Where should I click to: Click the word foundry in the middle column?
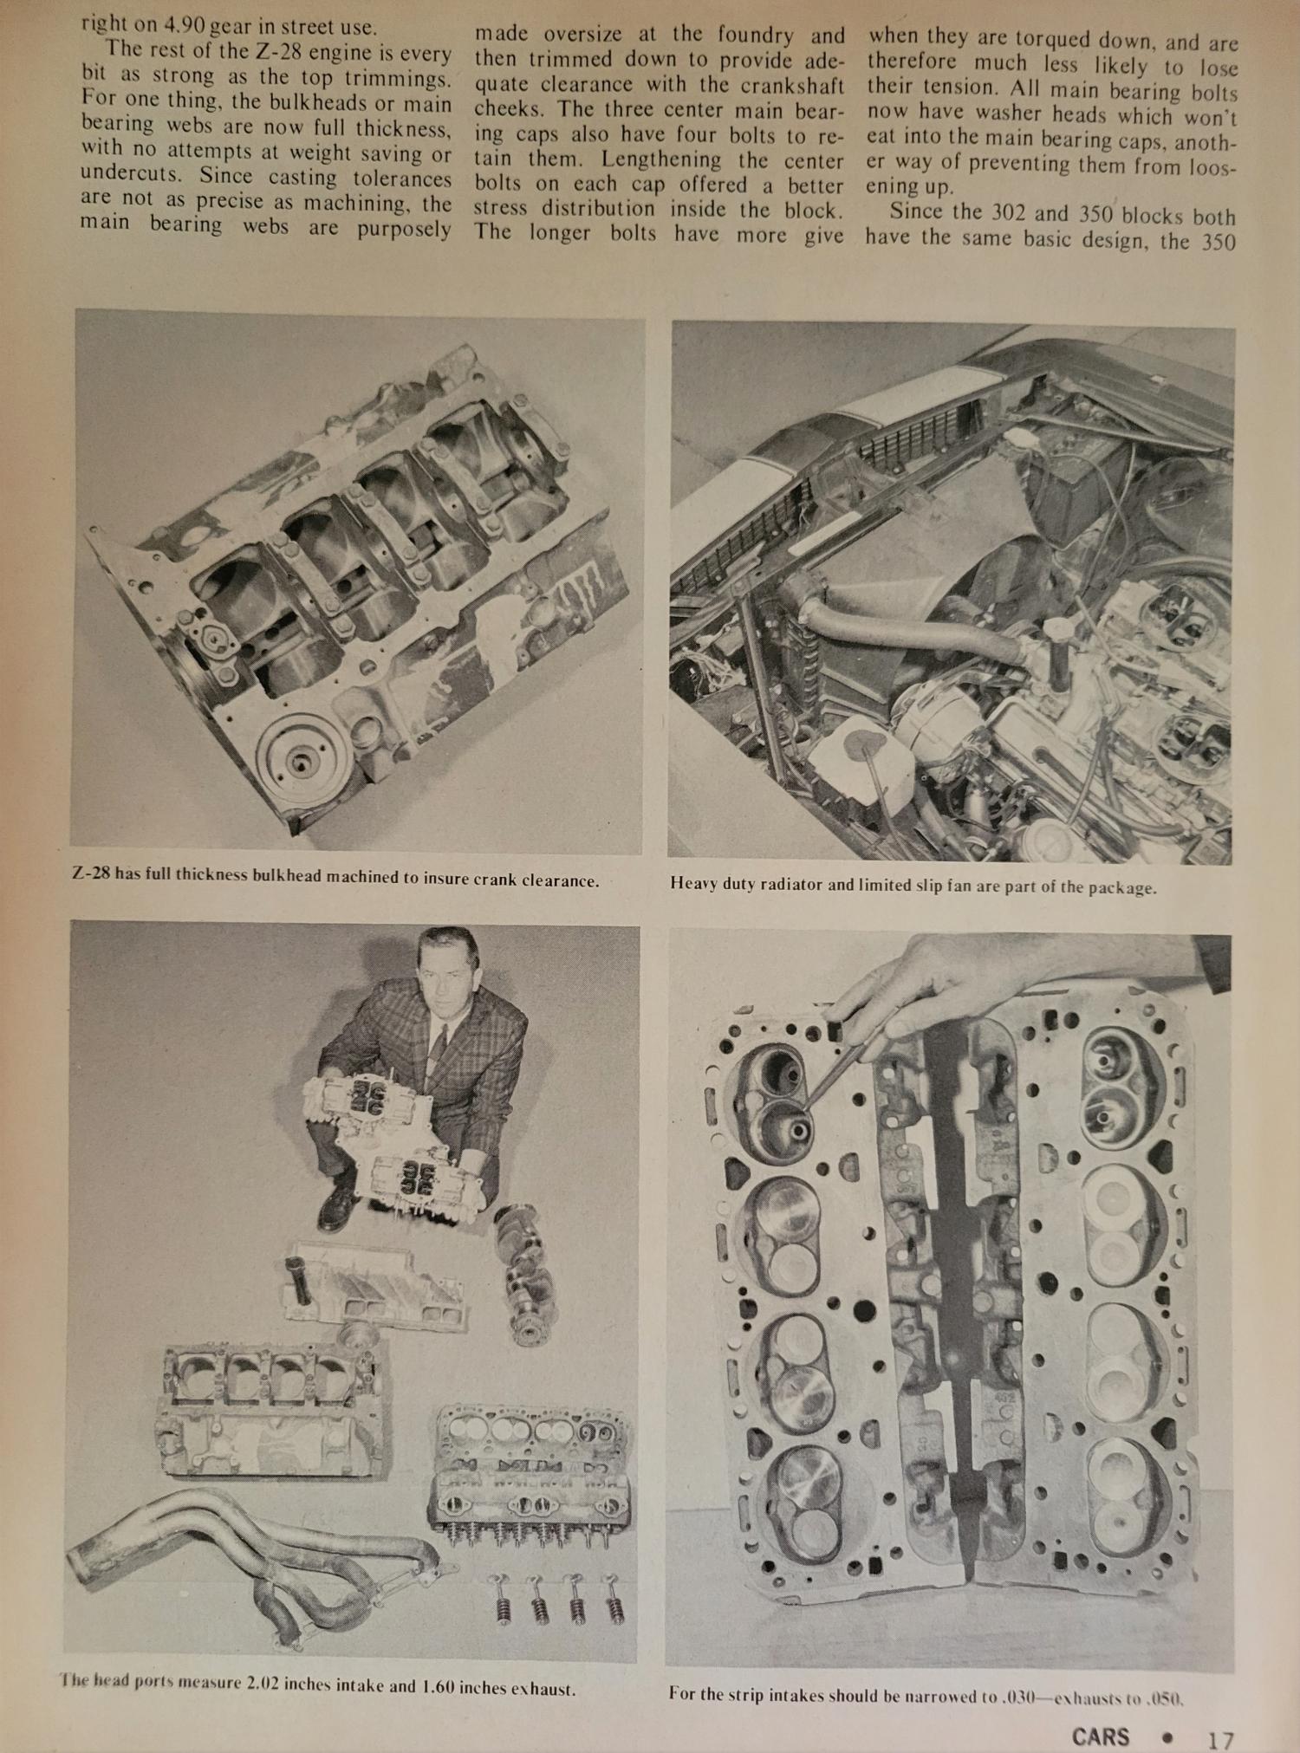[755, 35]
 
